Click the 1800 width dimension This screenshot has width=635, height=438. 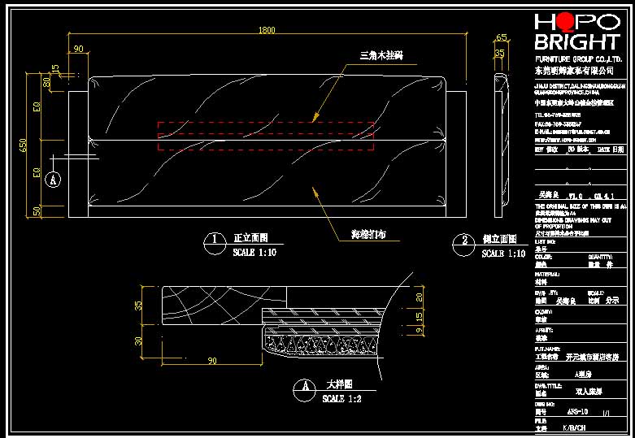[x=267, y=31]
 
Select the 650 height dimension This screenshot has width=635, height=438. [x=24, y=145]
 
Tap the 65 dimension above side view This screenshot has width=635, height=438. [x=501, y=37]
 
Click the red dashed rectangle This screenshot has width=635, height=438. [x=266, y=137]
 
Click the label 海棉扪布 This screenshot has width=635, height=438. [x=368, y=235]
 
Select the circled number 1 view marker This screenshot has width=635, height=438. [x=214, y=240]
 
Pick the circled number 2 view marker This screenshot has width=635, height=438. [x=463, y=240]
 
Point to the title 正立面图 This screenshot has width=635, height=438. [x=250, y=239]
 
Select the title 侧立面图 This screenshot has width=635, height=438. [x=499, y=240]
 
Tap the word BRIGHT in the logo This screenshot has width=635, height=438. [x=576, y=43]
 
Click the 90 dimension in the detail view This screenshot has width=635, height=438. [x=213, y=361]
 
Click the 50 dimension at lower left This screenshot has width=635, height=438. [x=37, y=211]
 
